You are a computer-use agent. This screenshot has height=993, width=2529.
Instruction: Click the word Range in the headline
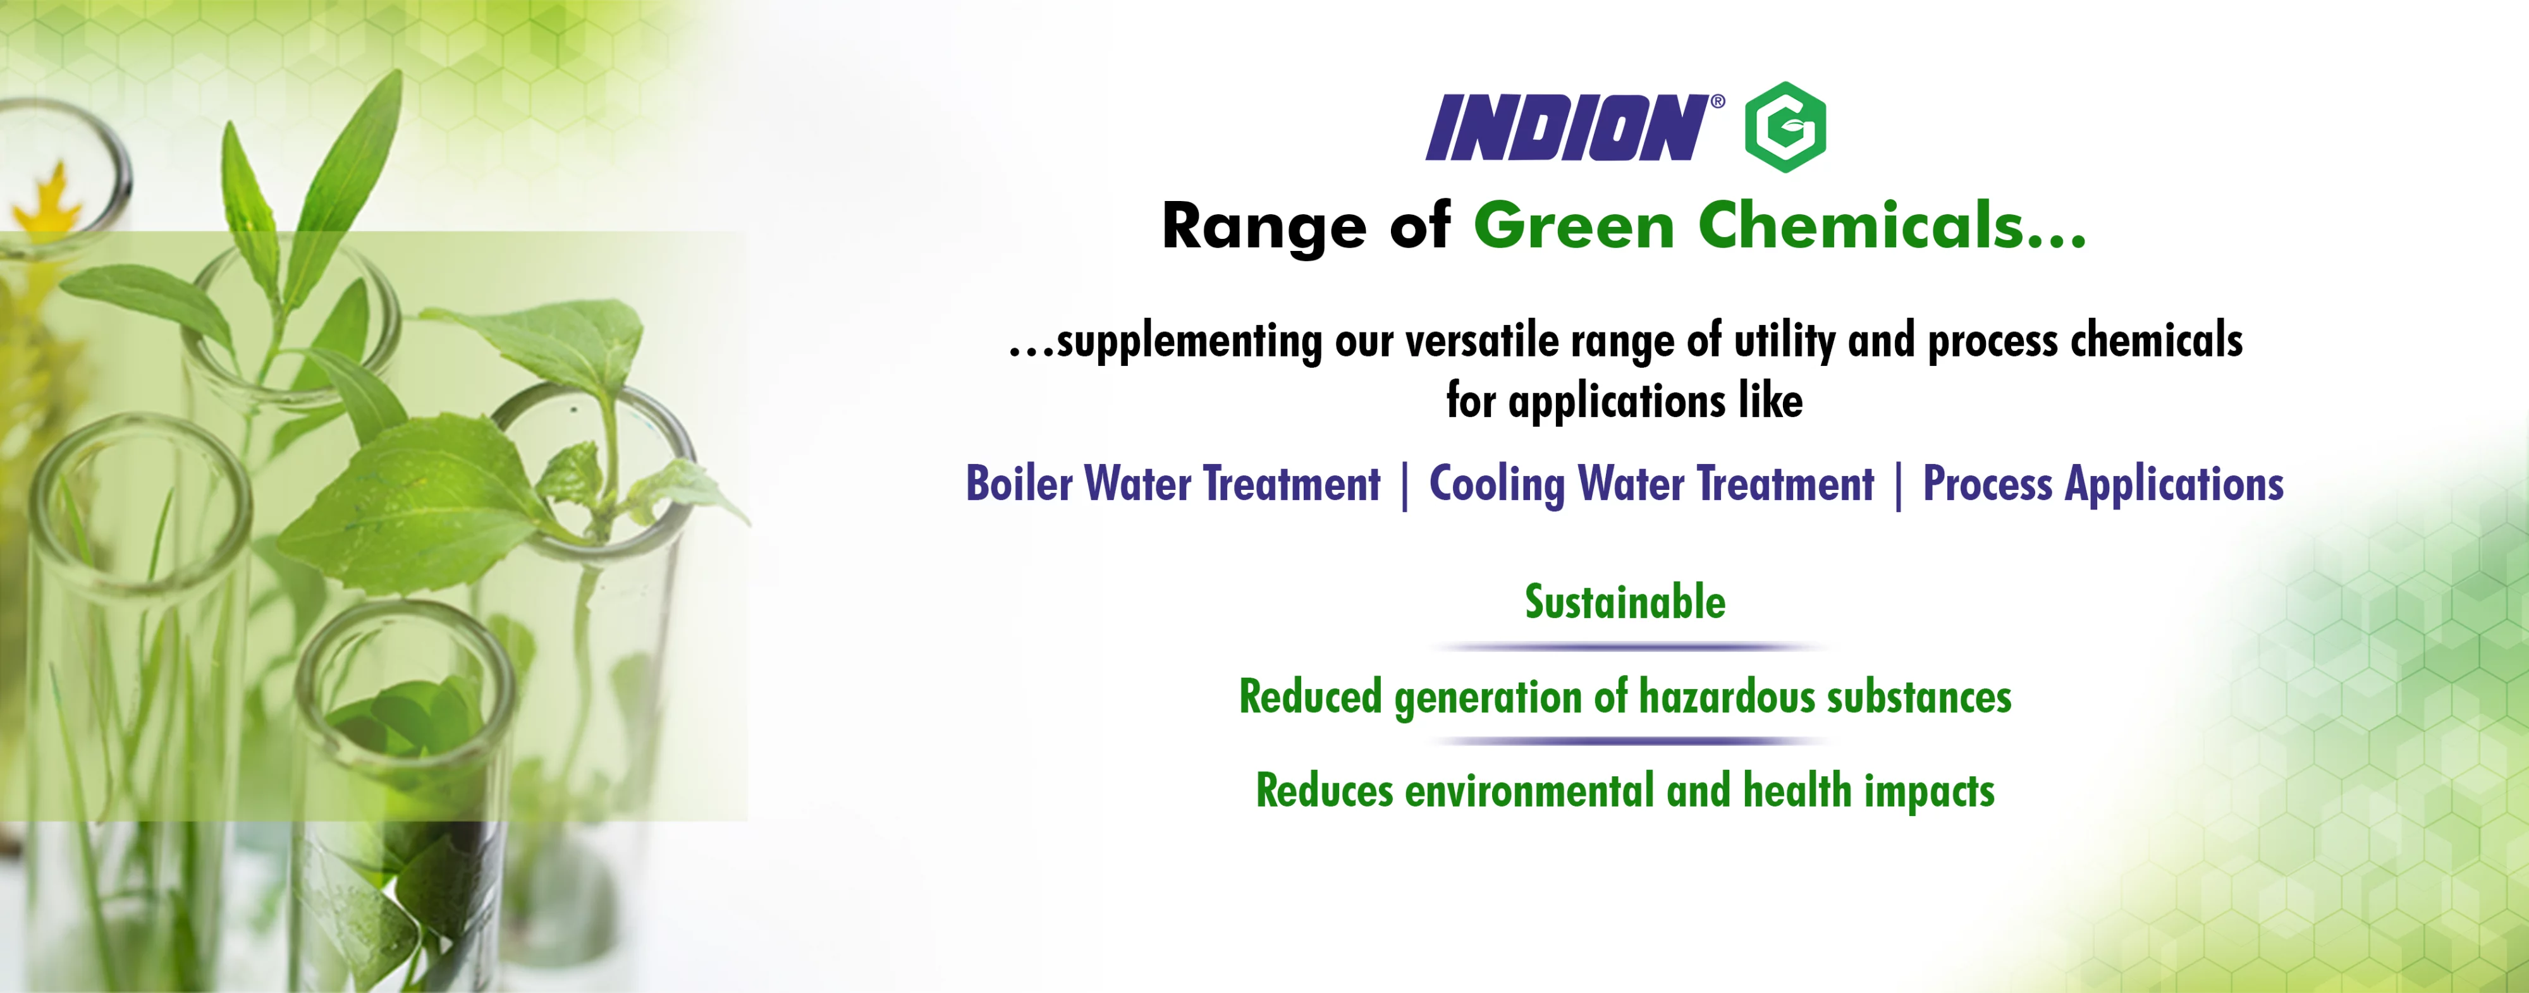click(1263, 228)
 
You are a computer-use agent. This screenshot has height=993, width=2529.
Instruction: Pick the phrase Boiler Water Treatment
click(1173, 484)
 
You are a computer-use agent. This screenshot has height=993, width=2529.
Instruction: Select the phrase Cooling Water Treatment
click(1651, 484)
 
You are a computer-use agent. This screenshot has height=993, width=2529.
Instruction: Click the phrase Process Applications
click(2103, 484)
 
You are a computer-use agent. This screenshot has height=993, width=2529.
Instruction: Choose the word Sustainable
click(1625, 602)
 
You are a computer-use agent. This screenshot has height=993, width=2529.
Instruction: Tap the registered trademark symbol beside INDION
click(1718, 101)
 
